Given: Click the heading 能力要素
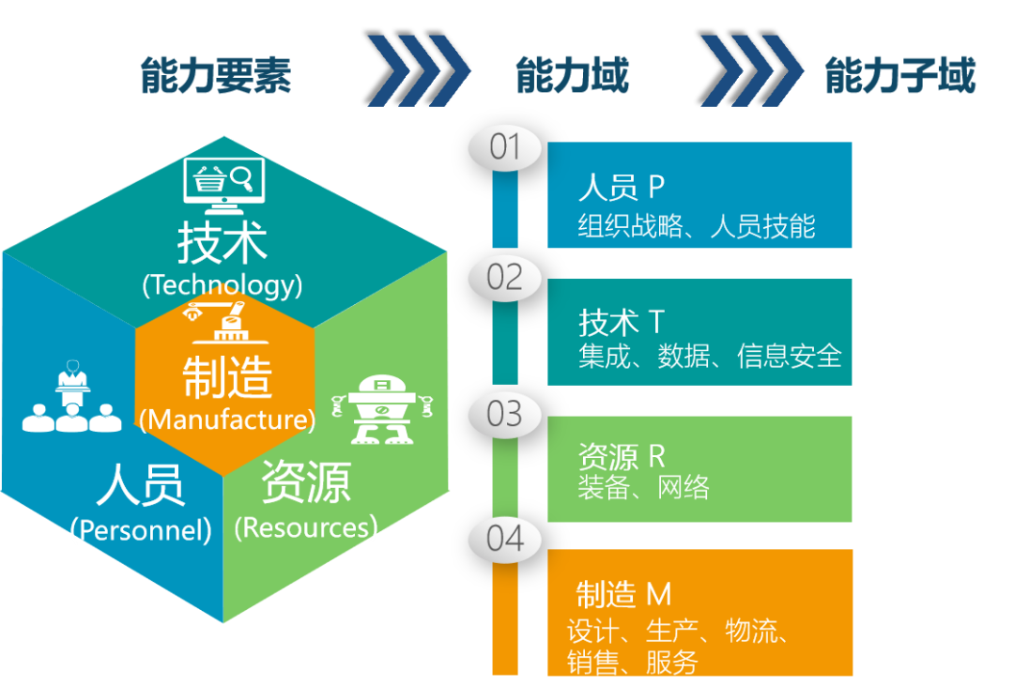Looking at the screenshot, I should (x=216, y=75).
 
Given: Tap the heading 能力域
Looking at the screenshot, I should (x=572, y=75).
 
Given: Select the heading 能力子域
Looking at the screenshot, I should (x=899, y=75).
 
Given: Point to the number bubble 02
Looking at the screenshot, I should (x=505, y=278).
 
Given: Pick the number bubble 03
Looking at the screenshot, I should (x=505, y=414).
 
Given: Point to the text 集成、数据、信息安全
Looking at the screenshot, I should (x=710, y=357).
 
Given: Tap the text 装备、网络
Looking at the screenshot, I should (x=644, y=487).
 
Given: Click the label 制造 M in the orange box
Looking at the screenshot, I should (x=623, y=594).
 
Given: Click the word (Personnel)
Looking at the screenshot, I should (x=141, y=530).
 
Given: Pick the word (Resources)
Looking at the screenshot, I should (x=305, y=527).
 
